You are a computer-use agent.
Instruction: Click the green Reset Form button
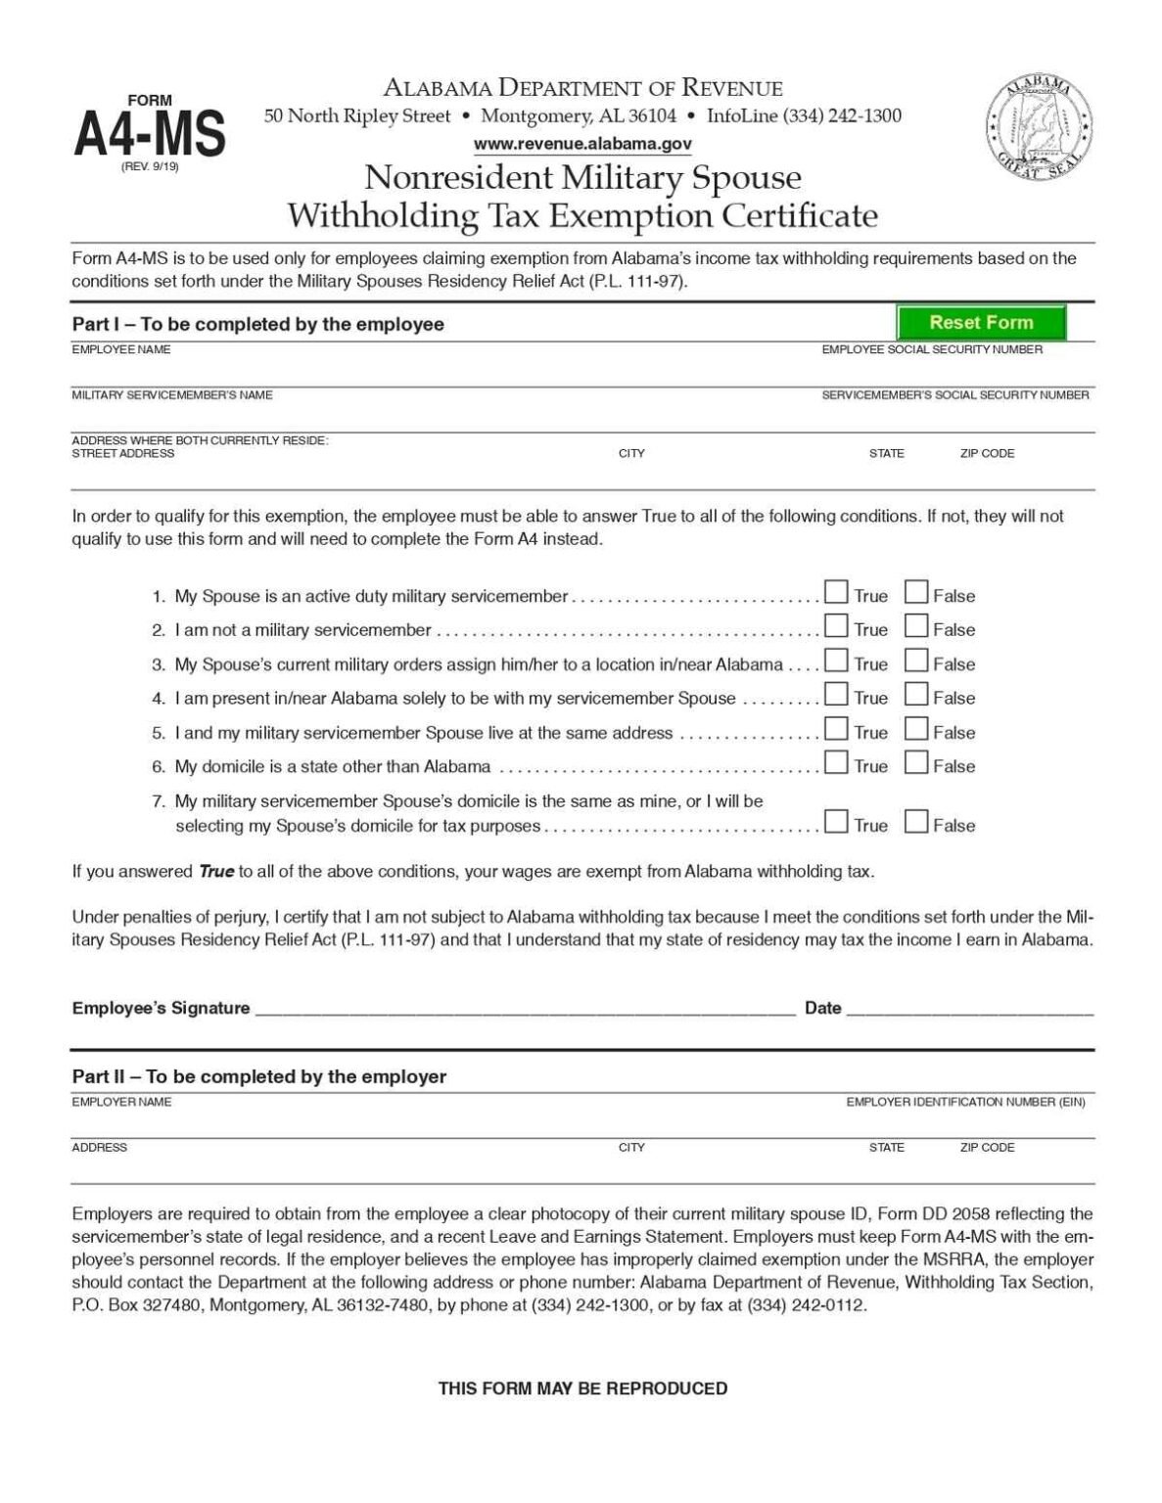pos(981,322)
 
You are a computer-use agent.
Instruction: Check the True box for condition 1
pos(836,592)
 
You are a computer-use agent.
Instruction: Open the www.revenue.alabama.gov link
pos(582,144)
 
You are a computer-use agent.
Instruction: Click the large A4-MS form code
pos(150,134)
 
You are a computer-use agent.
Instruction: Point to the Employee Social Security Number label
pos(932,349)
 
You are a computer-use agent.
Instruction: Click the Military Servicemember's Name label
pos(172,395)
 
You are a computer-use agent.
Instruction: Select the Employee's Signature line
pos(525,1009)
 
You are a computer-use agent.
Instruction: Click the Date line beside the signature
pos(969,1009)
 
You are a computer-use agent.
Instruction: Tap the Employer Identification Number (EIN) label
pos(965,1102)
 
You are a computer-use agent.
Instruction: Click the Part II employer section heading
pos(259,1076)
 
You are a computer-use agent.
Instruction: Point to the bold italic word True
pos(216,871)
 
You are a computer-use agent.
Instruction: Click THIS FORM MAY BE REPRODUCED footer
pos(582,1388)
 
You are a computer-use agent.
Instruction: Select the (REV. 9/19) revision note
pos(150,166)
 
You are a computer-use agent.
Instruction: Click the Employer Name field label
pos(121,1102)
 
